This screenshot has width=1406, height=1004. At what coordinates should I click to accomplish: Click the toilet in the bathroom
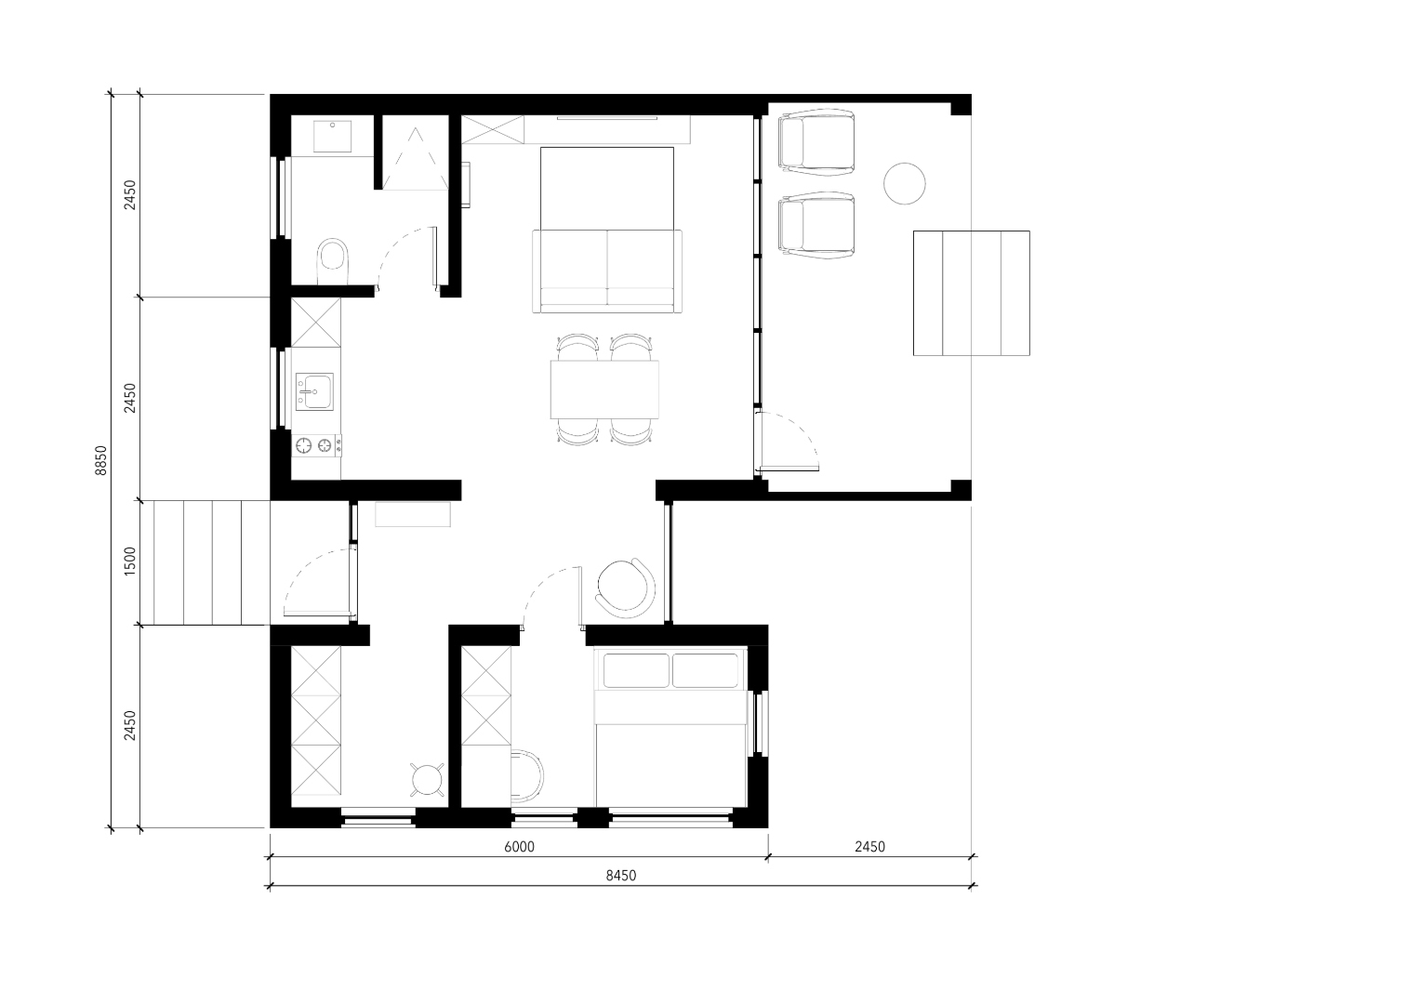coord(333,261)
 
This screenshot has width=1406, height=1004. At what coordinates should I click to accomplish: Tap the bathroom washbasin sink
coord(332,136)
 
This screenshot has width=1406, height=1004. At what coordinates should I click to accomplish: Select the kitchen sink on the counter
coord(314,392)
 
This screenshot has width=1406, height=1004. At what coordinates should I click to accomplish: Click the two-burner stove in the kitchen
coord(316,445)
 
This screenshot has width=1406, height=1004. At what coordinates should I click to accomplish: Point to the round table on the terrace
coord(905,183)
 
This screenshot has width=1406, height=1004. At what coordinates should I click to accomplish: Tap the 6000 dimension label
coord(520,847)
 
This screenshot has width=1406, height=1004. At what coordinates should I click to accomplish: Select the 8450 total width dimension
coord(621,876)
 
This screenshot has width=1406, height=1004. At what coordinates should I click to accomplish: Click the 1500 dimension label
coord(130,561)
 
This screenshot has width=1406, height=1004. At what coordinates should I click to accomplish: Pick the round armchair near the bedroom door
coord(626,588)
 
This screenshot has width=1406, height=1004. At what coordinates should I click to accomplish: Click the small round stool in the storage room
coord(428,779)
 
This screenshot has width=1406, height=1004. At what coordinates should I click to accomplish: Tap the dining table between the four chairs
coord(604,389)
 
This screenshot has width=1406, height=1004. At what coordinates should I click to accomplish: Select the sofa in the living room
coord(607,271)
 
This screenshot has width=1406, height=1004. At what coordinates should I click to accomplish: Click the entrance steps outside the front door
coord(211,562)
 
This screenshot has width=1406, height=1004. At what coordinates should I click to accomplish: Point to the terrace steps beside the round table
coord(971,293)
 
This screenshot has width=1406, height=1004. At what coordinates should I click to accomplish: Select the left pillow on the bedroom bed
coord(636,670)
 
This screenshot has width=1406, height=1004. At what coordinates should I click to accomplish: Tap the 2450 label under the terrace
coord(870,847)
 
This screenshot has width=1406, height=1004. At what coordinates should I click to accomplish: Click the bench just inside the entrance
coord(413,515)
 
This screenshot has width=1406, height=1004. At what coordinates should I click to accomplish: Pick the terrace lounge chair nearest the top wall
coord(816,140)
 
